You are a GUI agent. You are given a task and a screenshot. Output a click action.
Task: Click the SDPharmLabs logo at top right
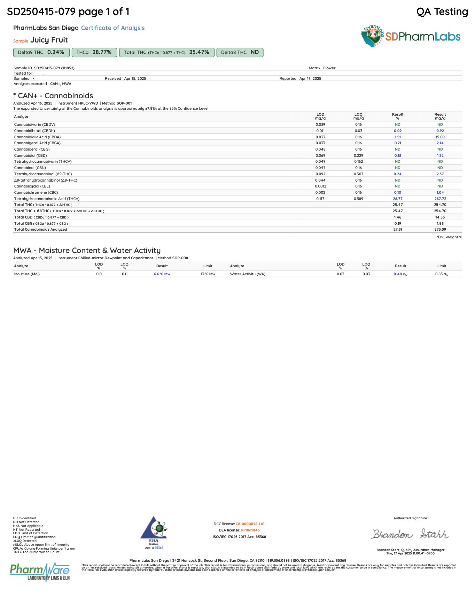pos(411,36)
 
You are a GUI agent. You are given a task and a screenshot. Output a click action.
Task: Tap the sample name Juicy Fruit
pos(49,40)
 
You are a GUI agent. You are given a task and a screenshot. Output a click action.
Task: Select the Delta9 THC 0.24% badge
pos(41,52)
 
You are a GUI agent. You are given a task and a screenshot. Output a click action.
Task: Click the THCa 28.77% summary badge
pos(94,52)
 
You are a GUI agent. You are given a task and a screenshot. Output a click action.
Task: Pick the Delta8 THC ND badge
pos(240,52)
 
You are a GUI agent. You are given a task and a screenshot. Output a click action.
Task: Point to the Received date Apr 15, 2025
pos(135,79)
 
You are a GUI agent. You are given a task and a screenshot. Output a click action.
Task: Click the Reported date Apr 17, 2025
pos(310,79)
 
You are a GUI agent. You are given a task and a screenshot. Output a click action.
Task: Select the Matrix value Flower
pos(329,68)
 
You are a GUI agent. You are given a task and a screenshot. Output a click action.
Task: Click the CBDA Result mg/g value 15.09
pos(440,137)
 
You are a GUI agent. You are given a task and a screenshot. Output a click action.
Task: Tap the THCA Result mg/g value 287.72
pos(440,199)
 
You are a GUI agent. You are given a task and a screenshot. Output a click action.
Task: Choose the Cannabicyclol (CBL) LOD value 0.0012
pos(320,186)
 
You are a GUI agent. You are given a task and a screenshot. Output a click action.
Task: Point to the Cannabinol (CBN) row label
pos(29,168)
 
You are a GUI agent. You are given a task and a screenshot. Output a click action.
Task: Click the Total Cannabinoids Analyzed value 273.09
pos(440,229)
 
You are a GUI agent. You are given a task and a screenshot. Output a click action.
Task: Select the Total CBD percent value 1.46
pos(397,217)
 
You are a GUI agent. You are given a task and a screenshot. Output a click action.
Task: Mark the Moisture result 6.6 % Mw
pos(162,274)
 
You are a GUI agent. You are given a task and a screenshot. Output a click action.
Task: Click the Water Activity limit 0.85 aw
pos(442,274)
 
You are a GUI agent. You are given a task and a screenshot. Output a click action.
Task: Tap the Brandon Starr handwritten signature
pos(410,534)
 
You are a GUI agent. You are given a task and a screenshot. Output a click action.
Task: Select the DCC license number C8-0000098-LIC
pos(250,524)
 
